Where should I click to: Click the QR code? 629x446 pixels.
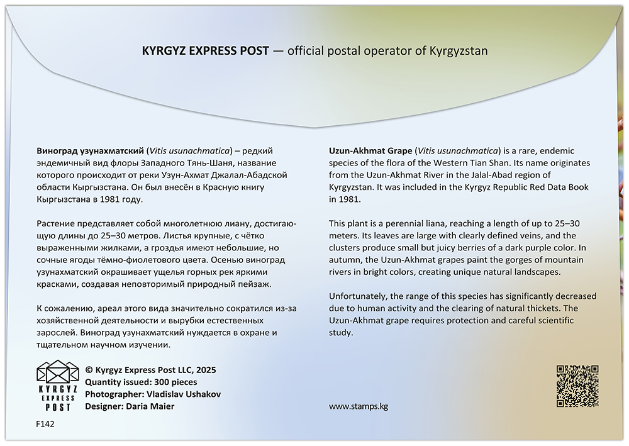(x=577, y=386)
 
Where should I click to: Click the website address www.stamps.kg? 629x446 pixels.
(x=359, y=406)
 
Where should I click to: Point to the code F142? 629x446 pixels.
(x=45, y=425)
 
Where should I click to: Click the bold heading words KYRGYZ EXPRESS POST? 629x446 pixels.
(x=206, y=50)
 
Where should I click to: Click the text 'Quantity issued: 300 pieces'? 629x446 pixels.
(x=141, y=382)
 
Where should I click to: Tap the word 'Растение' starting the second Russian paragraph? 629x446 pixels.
(x=57, y=224)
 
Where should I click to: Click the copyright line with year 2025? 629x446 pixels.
(x=150, y=370)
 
